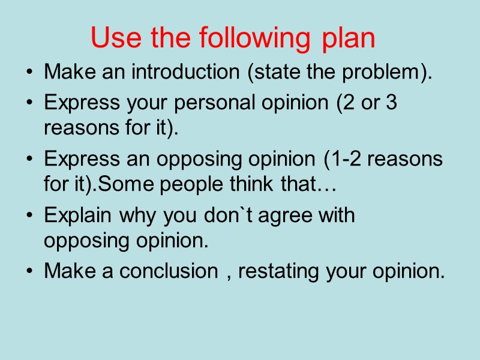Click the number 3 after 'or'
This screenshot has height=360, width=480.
coord(391,103)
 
